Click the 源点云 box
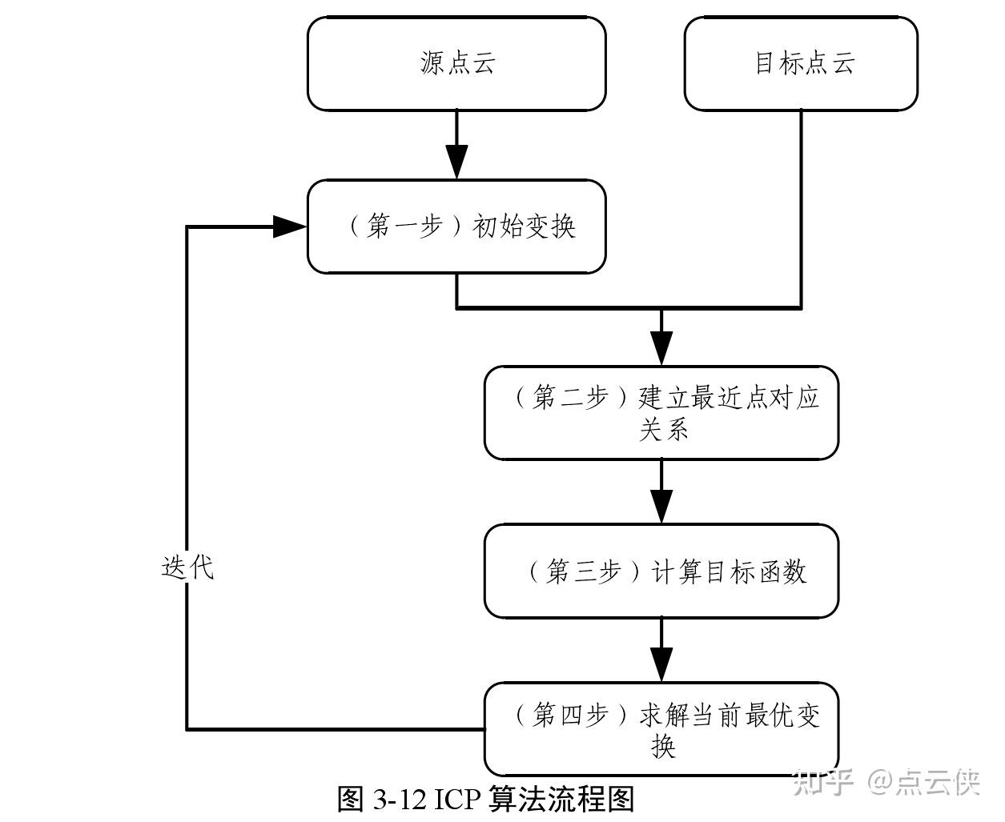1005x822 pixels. tap(456, 64)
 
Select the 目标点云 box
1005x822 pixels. tap(801, 64)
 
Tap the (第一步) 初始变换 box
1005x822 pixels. tap(456, 227)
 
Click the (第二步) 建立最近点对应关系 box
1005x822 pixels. tap(661, 413)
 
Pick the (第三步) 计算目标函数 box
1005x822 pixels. tap(661, 571)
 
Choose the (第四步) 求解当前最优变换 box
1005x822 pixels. tap(661, 729)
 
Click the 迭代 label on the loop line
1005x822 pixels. tap(187, 567)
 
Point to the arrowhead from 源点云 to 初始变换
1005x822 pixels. tap(456, 162)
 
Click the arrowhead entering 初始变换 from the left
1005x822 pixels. tap(290, 227)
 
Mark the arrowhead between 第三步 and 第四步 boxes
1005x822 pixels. tap(661, 665)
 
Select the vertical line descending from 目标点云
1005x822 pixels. tap(801, 208)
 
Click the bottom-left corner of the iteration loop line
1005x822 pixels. tap(187, 728)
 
